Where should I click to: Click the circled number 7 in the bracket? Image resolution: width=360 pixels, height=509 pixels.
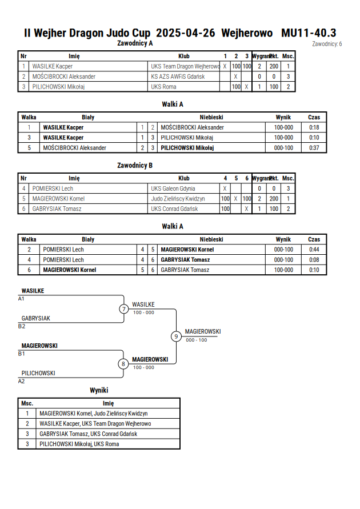[x=123, y=308]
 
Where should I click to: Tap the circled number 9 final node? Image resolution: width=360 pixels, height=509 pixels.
[x=176, y=336]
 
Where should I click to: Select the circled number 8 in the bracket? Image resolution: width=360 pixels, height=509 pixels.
[x=123, y=364]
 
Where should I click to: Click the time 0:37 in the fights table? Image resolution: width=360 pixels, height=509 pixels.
[x=314, y=148]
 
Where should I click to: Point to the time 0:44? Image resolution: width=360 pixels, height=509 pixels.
[x=314, y=250]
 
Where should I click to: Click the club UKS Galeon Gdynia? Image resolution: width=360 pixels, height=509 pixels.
[x=173, y=189]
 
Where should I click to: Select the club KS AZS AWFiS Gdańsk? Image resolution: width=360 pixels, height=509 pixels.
[x=178, y=77]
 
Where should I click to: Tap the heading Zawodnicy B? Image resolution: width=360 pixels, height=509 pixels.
[x=135, y=166]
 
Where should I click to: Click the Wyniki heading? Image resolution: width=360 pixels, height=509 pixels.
[x=99, y=390]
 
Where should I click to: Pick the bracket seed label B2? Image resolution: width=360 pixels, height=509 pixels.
[x=21, y=326]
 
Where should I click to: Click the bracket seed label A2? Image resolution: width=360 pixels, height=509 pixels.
[x=21, y=381]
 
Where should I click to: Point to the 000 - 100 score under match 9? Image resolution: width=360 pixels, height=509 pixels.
[x=197, y=340]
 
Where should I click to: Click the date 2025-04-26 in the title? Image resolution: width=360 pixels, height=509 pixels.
[x=185, y=33]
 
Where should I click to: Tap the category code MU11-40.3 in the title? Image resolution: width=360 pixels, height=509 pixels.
[x=309, y=33]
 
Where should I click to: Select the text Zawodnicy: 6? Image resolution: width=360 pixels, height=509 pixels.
[x=327, y=44]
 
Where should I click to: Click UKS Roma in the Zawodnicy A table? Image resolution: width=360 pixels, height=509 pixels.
[x=163, y=87]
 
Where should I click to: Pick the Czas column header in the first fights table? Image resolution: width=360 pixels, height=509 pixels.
[x=314, y=117]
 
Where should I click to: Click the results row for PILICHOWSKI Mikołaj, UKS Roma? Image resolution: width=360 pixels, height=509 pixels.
[x=99, y=444]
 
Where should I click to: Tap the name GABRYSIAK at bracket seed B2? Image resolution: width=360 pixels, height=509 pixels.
[x=35, y=318]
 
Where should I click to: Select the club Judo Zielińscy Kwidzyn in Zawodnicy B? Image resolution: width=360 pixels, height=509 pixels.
[x=178, y=199]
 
